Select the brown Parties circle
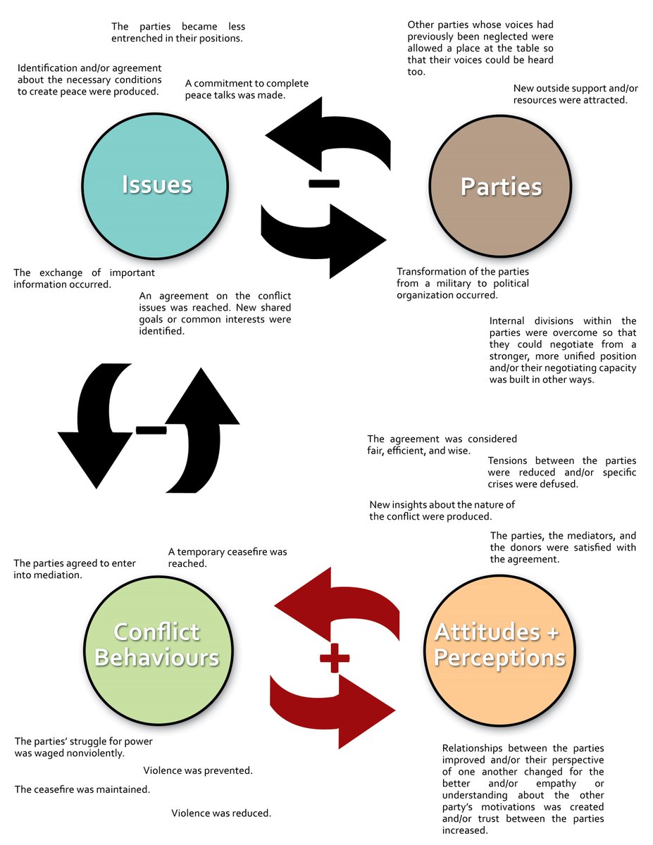click(x=501, y=187)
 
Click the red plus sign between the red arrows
click(x=335, y=658)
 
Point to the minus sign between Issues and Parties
click(x=323, y=184)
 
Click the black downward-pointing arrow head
click(x=95, y=458)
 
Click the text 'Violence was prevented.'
click(x=198, y=770)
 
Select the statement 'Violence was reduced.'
click(x=221, y=813)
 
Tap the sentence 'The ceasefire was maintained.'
click(x=82, y=789)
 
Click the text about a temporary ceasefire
click(x=228, y=558)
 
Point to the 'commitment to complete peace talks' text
click(x=247, y=89)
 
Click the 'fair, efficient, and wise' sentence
click(x=442, y=445)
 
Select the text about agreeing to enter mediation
click(x=75, y=569)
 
